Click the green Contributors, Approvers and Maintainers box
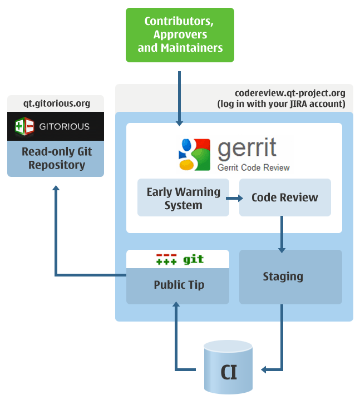tap(180, 34)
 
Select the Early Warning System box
tap(183, 198)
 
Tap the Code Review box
tap(284, 197)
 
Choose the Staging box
tap(283, 276)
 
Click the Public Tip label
tap(179, 285)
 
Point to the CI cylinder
tap(229, 370)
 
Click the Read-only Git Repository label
tap(56, 158)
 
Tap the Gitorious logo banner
tap(56, 126)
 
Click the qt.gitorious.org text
tap(56, 103)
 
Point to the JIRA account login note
tap(281, 103)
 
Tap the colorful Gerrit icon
tap(192, 151)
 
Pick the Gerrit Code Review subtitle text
tap(254, 167)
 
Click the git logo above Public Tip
tap(179, 259)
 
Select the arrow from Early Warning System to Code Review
tap(234, 198)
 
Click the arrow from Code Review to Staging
tap(282, 234)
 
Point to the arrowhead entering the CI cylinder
tap(266, 369)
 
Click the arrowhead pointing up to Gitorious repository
tap(56, 189)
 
